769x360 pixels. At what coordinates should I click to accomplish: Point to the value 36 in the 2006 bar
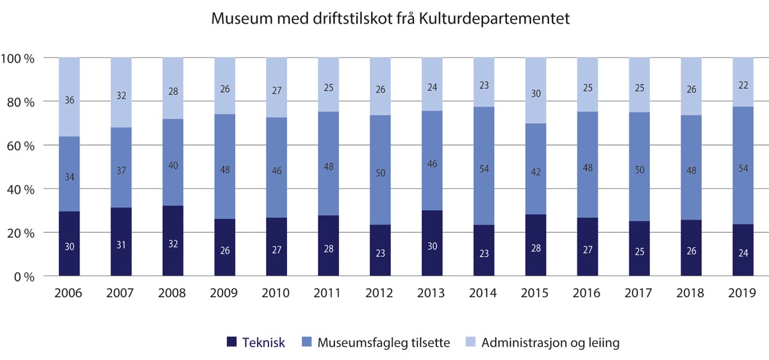coord(69,101)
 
